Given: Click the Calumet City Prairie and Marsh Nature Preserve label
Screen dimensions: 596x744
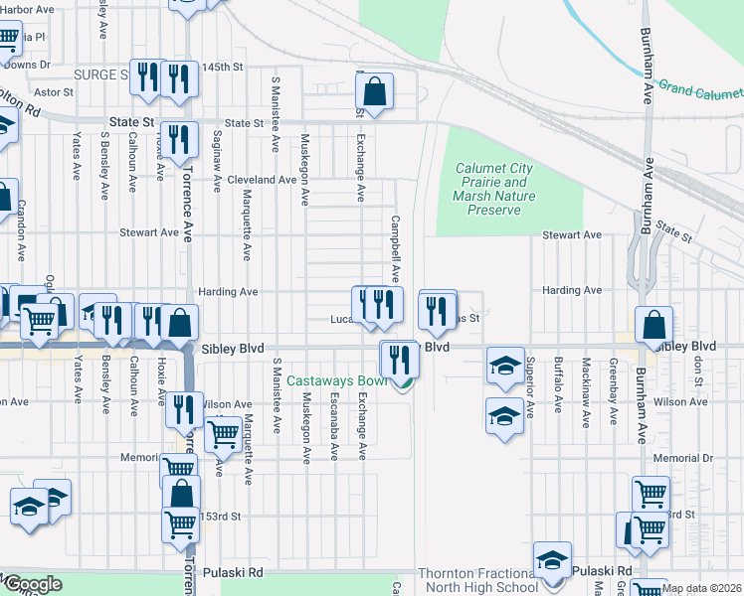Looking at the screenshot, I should point(494,189).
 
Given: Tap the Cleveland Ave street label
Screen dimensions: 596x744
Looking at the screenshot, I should point(262,180).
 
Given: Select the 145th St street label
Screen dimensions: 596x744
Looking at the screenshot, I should point(223,67).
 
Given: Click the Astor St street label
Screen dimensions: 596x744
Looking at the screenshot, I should point(55,91).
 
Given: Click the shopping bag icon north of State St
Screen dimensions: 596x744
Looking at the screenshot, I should point(375,93).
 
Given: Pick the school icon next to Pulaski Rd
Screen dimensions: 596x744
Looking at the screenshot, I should point(552,561).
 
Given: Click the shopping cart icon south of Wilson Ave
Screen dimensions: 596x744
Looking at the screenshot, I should point(223,433).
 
